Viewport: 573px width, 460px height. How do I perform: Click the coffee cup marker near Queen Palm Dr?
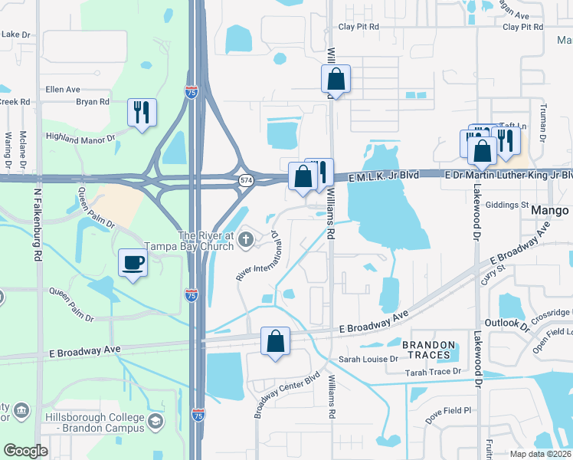133,263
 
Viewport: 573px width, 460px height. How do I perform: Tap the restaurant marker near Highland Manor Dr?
141,113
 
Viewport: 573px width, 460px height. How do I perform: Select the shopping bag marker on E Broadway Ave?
275,341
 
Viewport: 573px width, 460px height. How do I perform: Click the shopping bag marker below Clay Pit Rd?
336,78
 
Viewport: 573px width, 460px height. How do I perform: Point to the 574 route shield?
245,180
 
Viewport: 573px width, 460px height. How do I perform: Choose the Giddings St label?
509,205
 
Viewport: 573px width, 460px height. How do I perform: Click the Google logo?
25,451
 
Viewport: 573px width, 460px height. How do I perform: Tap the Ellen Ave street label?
63,90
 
